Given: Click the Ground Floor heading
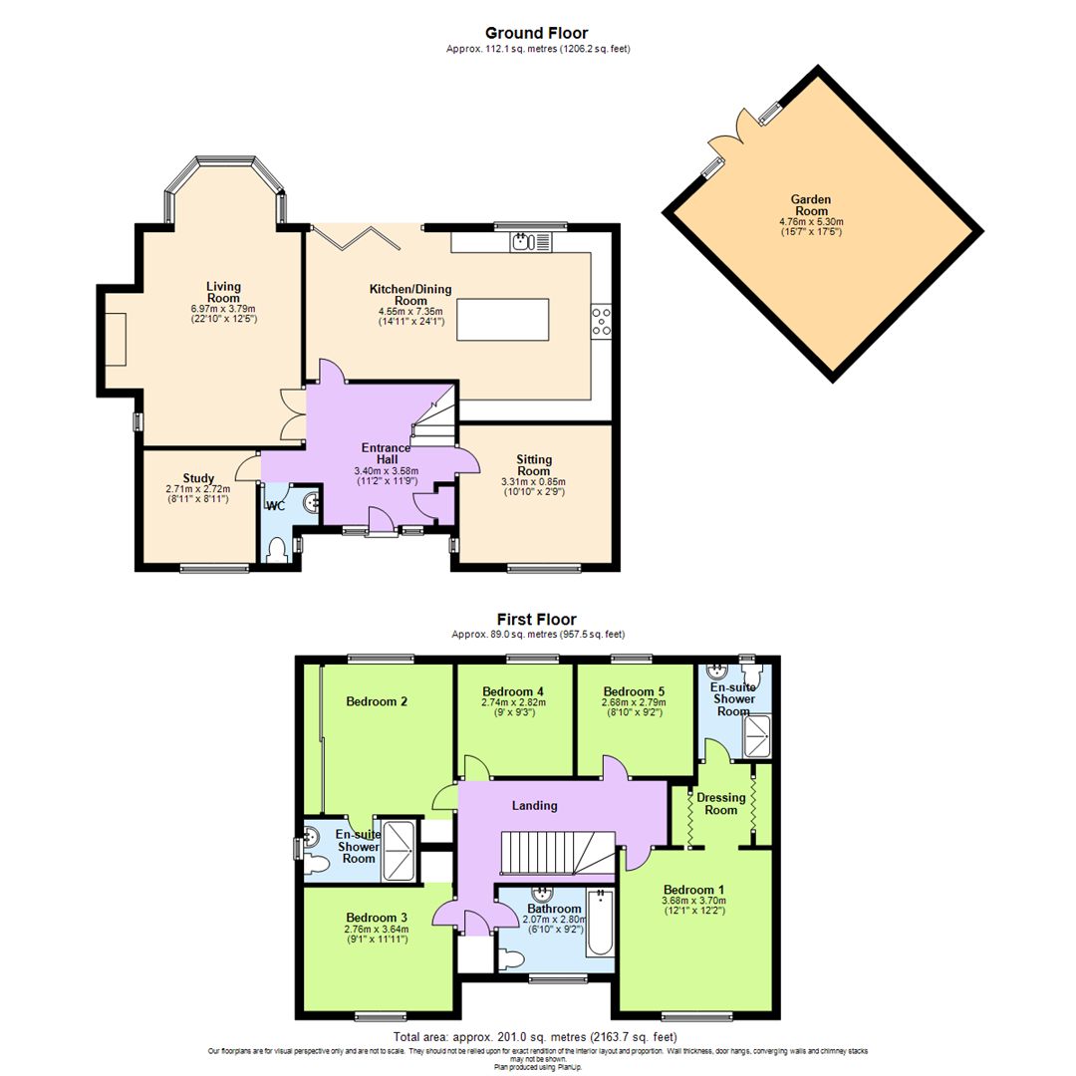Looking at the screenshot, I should (x=537, y=33).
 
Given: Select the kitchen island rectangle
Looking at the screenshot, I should (x=502, y=319).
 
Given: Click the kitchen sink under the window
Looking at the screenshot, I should (x=522, y=241).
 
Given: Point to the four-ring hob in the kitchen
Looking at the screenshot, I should (x=601, y=319).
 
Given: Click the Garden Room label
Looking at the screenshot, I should (x=811, y=205).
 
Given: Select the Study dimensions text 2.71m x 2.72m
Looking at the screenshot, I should (x=198, y=489).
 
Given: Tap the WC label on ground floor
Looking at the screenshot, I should (x=276, y=506).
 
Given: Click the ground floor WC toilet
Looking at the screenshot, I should (x=280, y=549).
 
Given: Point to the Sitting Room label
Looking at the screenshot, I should (x=533, y=465).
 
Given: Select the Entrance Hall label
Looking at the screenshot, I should (x=386, y=454).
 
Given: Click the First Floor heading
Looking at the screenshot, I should (x=537, y=619).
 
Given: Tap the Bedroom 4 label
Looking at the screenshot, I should (x=512, y=691).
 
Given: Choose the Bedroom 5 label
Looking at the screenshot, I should (x=634, y=691).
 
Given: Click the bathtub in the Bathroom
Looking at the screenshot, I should (x=600, y=924).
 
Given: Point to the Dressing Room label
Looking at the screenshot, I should (x=720, y=803).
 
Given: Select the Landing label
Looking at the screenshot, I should (x=535, y=805).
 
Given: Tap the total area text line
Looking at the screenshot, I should (x=537, y=1038).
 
